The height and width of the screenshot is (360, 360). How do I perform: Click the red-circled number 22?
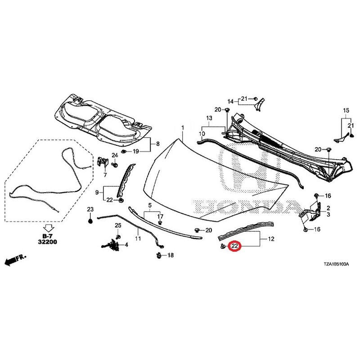pyautogui.click(x=234, y=246)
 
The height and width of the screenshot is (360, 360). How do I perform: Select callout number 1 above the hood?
pyautogui.click(x=183, y=127)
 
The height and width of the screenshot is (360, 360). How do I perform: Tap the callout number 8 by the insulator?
pyautogui.click(x=158, y=144)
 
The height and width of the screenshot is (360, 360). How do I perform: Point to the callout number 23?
pyautogui.click(x=90, y=209)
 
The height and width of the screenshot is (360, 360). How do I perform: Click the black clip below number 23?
pyautogui.click(x=90, y=221)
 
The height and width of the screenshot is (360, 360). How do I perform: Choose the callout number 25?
pyautogui.click(x=118, y=225)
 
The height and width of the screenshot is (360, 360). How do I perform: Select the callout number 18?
pyautogui.click(x=170, y=255)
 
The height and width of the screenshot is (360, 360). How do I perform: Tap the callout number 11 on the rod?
pyautogui.click(x=138, y=238)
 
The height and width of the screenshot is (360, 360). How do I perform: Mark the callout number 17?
pyautogui.click(x=160, y=216)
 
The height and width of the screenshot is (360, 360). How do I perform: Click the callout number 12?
pyautogui.click(x=271, y=239)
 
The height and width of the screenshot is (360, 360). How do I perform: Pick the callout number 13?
pyautogui.click(x=209, y=118)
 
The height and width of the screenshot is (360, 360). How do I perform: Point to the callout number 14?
pyautogui.click(x=230, y=102)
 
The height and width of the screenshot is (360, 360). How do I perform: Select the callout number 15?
pyautogui.click(x=346, y=110)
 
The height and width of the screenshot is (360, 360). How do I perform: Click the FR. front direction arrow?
pyautogui.click(x=15, y=260)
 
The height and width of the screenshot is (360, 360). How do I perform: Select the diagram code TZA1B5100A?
pyautogui.click(x=336, y=264)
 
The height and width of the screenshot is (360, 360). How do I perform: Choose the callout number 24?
pyautogui.click(x=115, y=155)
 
